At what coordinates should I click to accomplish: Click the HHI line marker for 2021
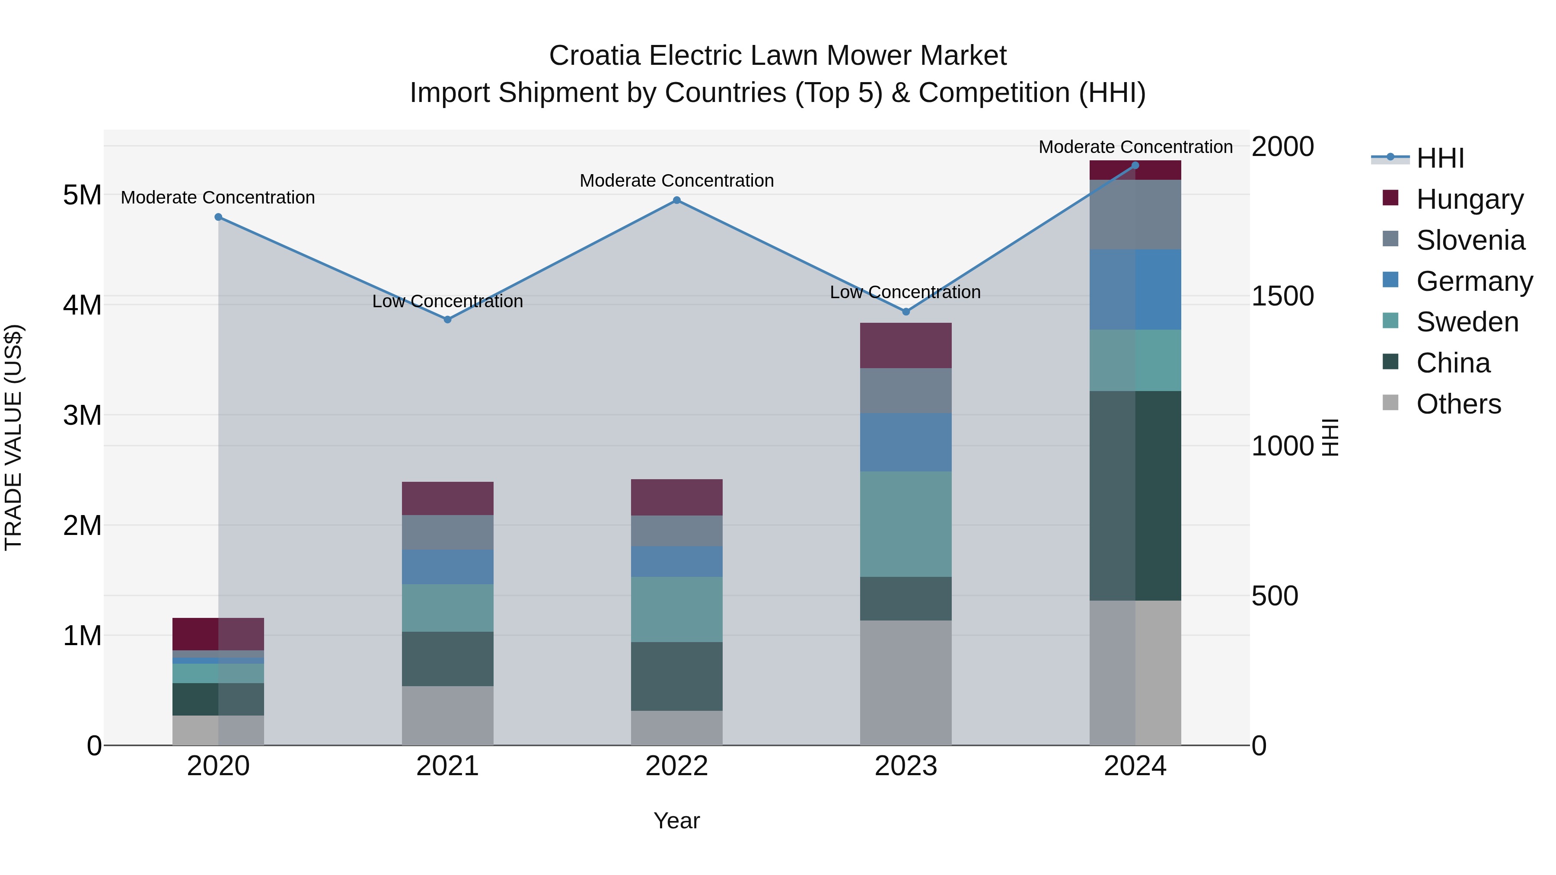click(448, 319)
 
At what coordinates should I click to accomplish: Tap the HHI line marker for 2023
click(906, 312)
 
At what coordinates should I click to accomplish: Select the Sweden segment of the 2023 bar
click(906, 524)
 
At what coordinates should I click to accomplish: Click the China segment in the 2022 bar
click(676, 676)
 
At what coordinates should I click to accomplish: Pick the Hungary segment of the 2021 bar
click(448, 498)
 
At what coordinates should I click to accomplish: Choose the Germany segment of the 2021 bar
click(448, 566)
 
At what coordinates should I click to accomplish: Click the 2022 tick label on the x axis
click(676, 766)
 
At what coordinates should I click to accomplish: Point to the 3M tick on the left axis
click(82, 415)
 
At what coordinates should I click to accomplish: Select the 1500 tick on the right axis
click(1282, 296)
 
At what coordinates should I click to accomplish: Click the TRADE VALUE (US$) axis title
click(13, 437)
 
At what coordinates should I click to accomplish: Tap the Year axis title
click(676, 821)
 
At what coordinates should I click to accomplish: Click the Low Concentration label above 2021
click(448, 301)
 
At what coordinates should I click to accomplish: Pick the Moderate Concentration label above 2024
click(1135, 147)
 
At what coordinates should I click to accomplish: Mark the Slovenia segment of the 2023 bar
click(906, 391)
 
